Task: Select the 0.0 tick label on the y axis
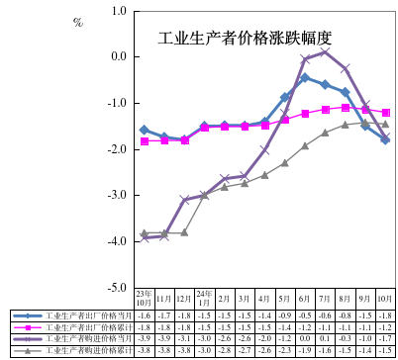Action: coord(119,56)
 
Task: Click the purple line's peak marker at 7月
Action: coord(325,51)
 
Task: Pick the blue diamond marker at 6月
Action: coord(305,77)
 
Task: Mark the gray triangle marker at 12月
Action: coord(184,232)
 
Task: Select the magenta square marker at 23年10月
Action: coord(145,141)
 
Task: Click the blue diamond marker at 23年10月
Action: coord(145,130)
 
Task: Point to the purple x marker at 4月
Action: coord(264,149)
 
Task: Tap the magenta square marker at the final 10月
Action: coord(385,113)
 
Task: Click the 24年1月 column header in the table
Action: coord(204,298)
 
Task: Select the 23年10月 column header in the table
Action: coord(145,298)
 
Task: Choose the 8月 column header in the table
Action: coord(345,298)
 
